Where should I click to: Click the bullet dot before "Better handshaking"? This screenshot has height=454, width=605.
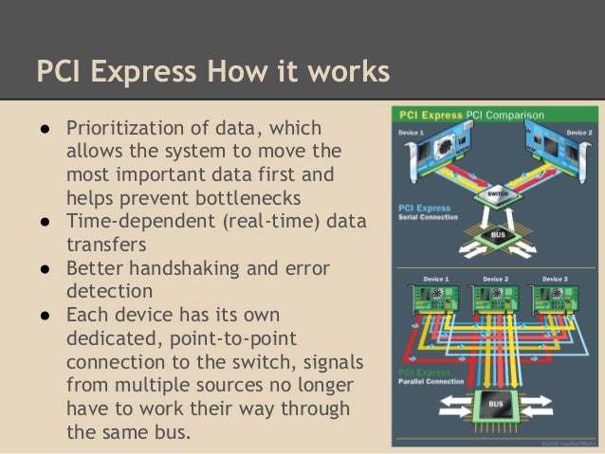46,269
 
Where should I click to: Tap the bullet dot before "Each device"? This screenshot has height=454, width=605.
46,317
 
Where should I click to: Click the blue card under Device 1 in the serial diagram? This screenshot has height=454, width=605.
436,157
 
